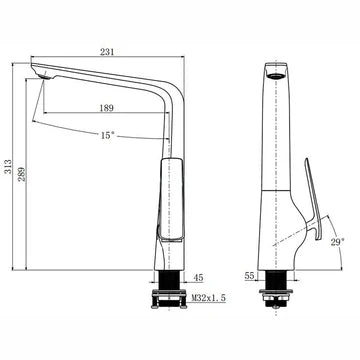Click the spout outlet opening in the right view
(x=276, y=75)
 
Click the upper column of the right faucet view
(x=276, y=120)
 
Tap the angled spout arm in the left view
(x=110, y=80)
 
